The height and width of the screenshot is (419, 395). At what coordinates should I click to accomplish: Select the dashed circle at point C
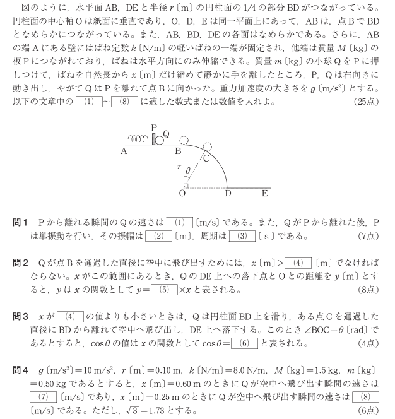pyautogui.click(x=207, y=146)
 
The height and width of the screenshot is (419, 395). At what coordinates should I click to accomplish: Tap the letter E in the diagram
pyautogui.click(x=264, y=194)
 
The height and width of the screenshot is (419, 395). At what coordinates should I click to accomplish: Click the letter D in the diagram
pyautogui.click(x=228, y=194)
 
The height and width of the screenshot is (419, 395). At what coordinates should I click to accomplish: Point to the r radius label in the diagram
pyautogui.click(x=179, y=168)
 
